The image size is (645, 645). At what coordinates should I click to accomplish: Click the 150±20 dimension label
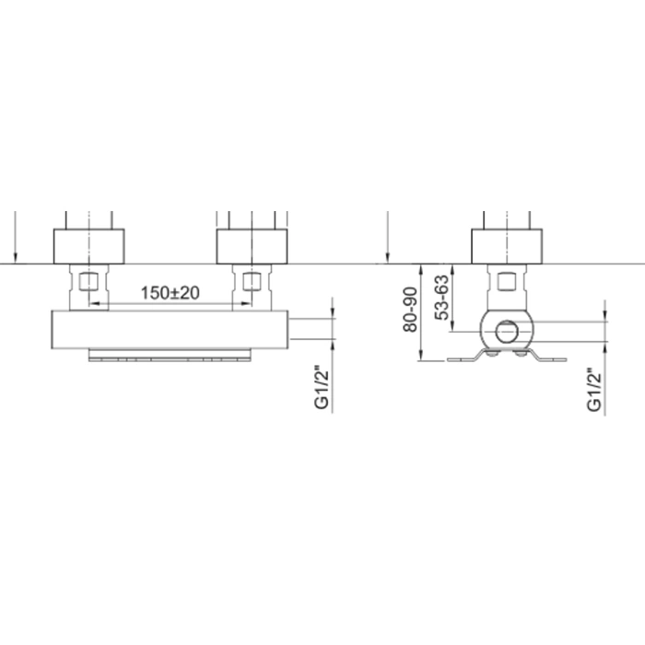click(170, 293)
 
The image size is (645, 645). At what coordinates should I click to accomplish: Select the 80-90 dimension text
click(411, 310)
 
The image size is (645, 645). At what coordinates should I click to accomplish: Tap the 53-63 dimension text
click(442, 298)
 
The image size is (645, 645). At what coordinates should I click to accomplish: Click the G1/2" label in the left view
click(322, 387)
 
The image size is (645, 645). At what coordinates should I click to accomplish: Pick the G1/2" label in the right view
click(595, 389)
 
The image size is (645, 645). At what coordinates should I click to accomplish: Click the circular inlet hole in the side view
click(507, 332)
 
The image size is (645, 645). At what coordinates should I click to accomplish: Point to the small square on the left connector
click(88, 281)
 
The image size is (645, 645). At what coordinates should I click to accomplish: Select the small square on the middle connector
click(252, 281)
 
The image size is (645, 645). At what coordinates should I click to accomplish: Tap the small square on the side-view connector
click(507, 282)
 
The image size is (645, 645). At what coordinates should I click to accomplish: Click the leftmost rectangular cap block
click(88, 246)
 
